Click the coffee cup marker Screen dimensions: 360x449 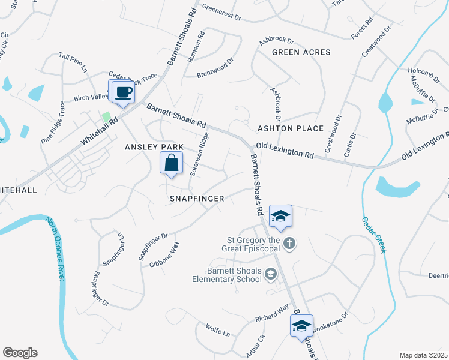tap(122, 92)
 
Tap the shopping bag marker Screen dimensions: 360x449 tap(172, 163)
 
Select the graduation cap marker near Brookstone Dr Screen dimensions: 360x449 tap(301, 326)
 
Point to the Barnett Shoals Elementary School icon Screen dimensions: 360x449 tap(271, 274)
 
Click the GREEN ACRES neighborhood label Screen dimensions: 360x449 tap(301, 52)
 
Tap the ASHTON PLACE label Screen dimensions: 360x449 tap(290, 128)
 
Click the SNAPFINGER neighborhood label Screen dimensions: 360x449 tap(196, 198)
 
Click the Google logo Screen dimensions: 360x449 tap(20, 353)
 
